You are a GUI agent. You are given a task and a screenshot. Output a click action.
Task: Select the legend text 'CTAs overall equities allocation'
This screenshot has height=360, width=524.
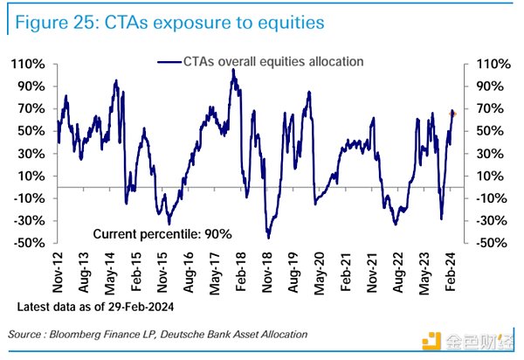[273, 62]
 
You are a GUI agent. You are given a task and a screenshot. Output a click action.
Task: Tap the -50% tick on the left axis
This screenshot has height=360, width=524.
[28, 242]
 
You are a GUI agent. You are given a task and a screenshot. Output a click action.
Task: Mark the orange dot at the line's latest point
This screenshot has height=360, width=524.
[453, 113]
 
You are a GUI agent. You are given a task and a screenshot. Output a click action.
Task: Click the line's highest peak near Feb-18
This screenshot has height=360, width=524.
[233, 70]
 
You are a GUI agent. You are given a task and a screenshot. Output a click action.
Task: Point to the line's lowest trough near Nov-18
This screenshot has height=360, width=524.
[268, 237]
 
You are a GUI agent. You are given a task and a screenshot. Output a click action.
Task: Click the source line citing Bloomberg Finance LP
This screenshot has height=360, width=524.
[157, 336]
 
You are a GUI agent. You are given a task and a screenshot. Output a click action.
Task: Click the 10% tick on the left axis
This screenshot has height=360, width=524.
[31, 176]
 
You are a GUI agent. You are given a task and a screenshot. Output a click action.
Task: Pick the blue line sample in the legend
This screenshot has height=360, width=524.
[169, 62]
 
